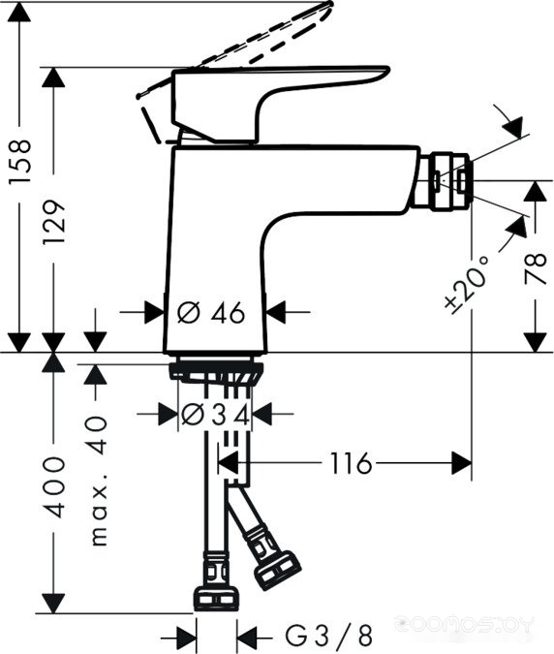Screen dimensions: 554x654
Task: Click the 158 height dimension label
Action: point(20,162)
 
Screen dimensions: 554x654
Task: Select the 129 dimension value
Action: point(54,222)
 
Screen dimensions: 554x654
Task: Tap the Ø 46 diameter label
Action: point(211,312)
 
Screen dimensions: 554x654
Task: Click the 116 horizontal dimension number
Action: point(351,463)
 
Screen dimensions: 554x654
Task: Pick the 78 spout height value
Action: point(536,268)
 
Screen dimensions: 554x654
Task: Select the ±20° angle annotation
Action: point(467,285)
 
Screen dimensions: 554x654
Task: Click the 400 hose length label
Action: point(54,487)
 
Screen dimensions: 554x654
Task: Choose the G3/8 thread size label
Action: point(328,636)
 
